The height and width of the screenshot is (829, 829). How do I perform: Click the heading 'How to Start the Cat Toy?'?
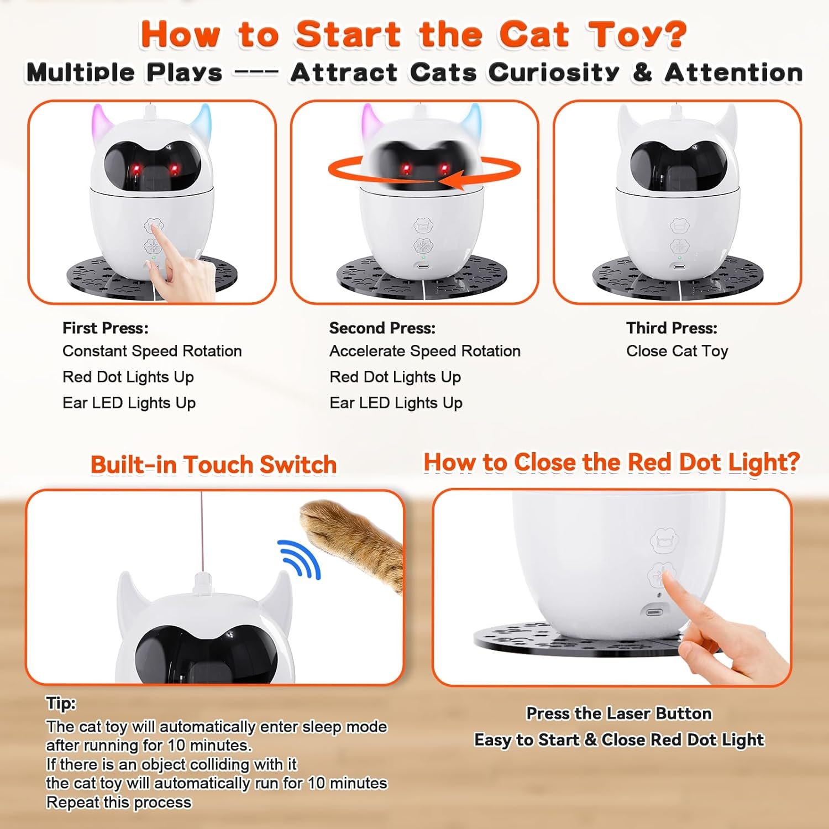[x=414, y=34]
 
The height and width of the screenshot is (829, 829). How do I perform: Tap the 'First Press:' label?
[x=106, y=328]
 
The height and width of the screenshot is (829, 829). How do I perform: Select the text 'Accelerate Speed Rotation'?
[x=425, y=351]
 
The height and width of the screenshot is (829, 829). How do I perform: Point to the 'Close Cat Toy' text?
[x=677, y=351]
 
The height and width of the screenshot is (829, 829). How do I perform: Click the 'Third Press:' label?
[x=671, y=328]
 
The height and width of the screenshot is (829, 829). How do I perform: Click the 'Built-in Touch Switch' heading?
[x=214, y=465]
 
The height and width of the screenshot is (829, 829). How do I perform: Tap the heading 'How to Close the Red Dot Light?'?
[x=612, y=463]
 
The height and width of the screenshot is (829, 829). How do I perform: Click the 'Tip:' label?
[x=61, y=704]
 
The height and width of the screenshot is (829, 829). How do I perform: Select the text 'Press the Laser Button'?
[x=619, y=713]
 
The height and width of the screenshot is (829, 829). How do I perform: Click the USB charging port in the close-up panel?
[x=654, y=612]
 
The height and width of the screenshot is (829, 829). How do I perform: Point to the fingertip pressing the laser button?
[x=665, y=578]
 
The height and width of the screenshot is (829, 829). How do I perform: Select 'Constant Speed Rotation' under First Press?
[x=152, y=351]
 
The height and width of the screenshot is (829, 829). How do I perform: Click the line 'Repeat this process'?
[x=119, y=802]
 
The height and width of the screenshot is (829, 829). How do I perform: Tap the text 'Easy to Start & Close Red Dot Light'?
[x=619, y=740]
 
